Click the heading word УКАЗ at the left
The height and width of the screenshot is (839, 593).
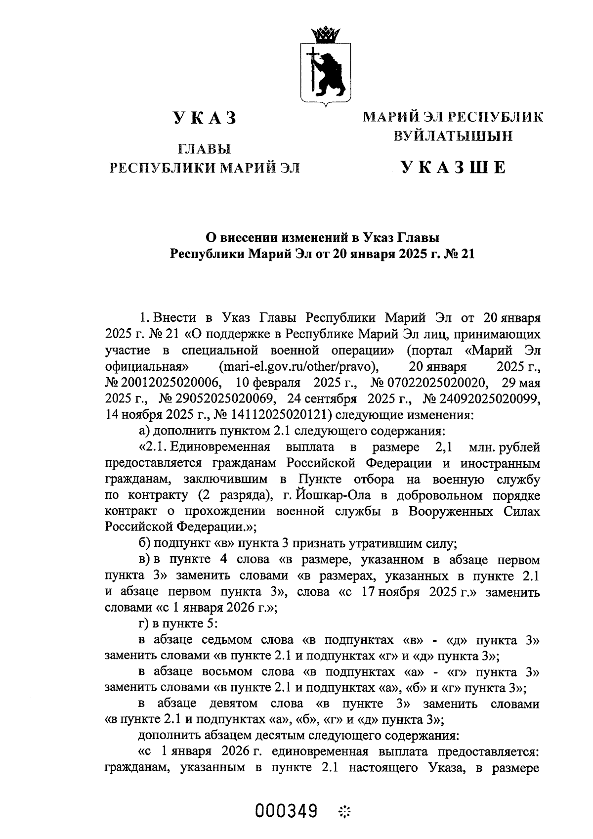(x=205, y=119)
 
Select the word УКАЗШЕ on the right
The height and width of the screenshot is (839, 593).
(x=453, y=168)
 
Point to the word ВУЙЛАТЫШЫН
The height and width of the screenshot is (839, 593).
(x=453, y=136)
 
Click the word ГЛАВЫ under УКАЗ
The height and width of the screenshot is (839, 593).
(x=205, y=149)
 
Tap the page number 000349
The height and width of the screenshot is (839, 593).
(x=286, y=811)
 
